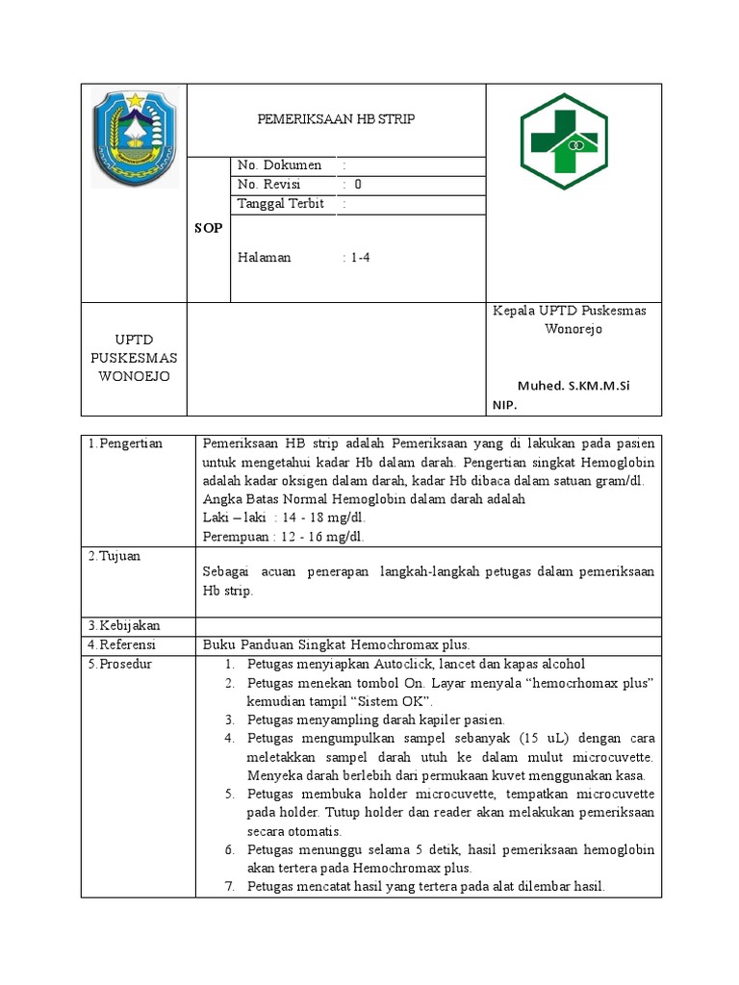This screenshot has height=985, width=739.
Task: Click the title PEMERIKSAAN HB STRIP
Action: point(336,119)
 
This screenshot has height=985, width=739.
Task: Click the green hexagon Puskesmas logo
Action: point(564,140)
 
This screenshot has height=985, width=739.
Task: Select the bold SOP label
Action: point(208,228)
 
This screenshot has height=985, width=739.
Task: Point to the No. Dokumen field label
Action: point(279,165)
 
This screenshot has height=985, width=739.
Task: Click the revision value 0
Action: point(358,185)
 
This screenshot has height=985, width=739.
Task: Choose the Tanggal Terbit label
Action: point(281,204)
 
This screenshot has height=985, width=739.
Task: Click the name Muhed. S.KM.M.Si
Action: point(573,386)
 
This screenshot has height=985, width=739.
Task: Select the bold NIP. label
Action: point(505,406)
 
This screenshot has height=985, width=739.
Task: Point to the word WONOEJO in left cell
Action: point(134,376)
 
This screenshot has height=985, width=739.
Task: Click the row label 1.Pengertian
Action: point(125,443)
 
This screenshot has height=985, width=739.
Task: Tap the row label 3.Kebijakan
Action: point(122,626)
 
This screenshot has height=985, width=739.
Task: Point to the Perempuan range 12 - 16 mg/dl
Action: point(321,536)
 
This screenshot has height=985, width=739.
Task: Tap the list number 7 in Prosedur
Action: point(230,886)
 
